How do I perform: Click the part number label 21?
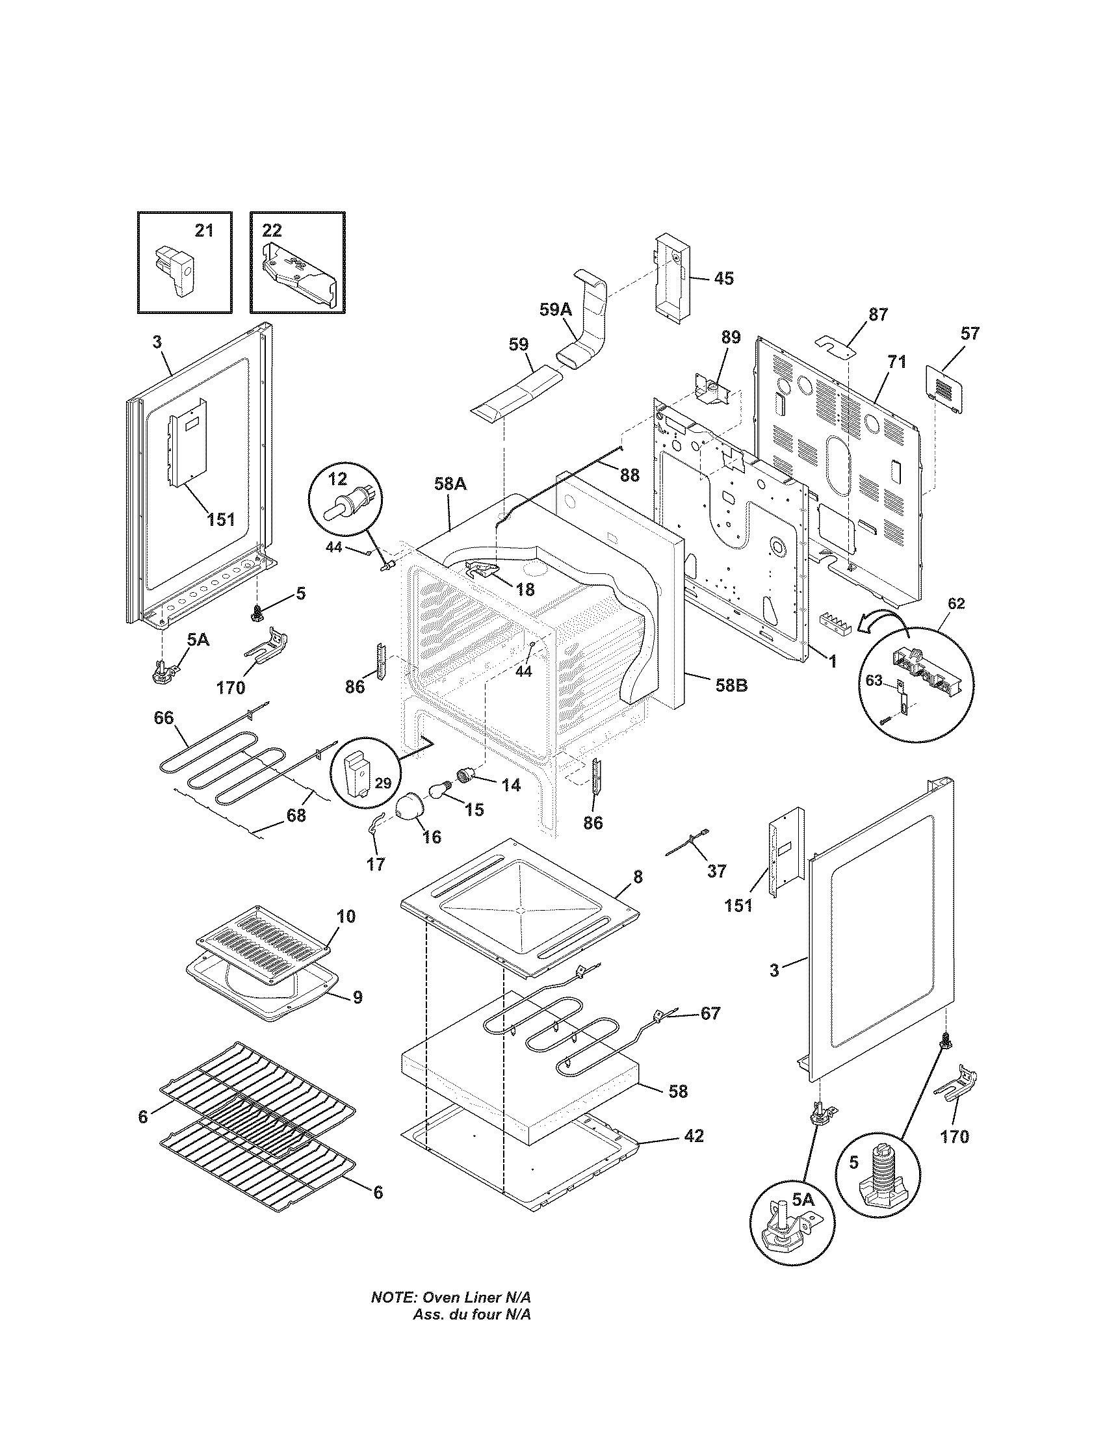(x=204, y=231)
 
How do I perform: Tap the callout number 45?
(x=723, y=278)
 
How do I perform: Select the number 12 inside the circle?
(x=337, y=479)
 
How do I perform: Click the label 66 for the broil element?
(x=164, y=718)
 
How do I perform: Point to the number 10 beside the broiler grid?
(x=346, y=916)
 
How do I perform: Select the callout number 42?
(x=694, y=1136)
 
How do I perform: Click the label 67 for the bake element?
(x=710, y=1013)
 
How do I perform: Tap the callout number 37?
(x=717, y=871)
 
